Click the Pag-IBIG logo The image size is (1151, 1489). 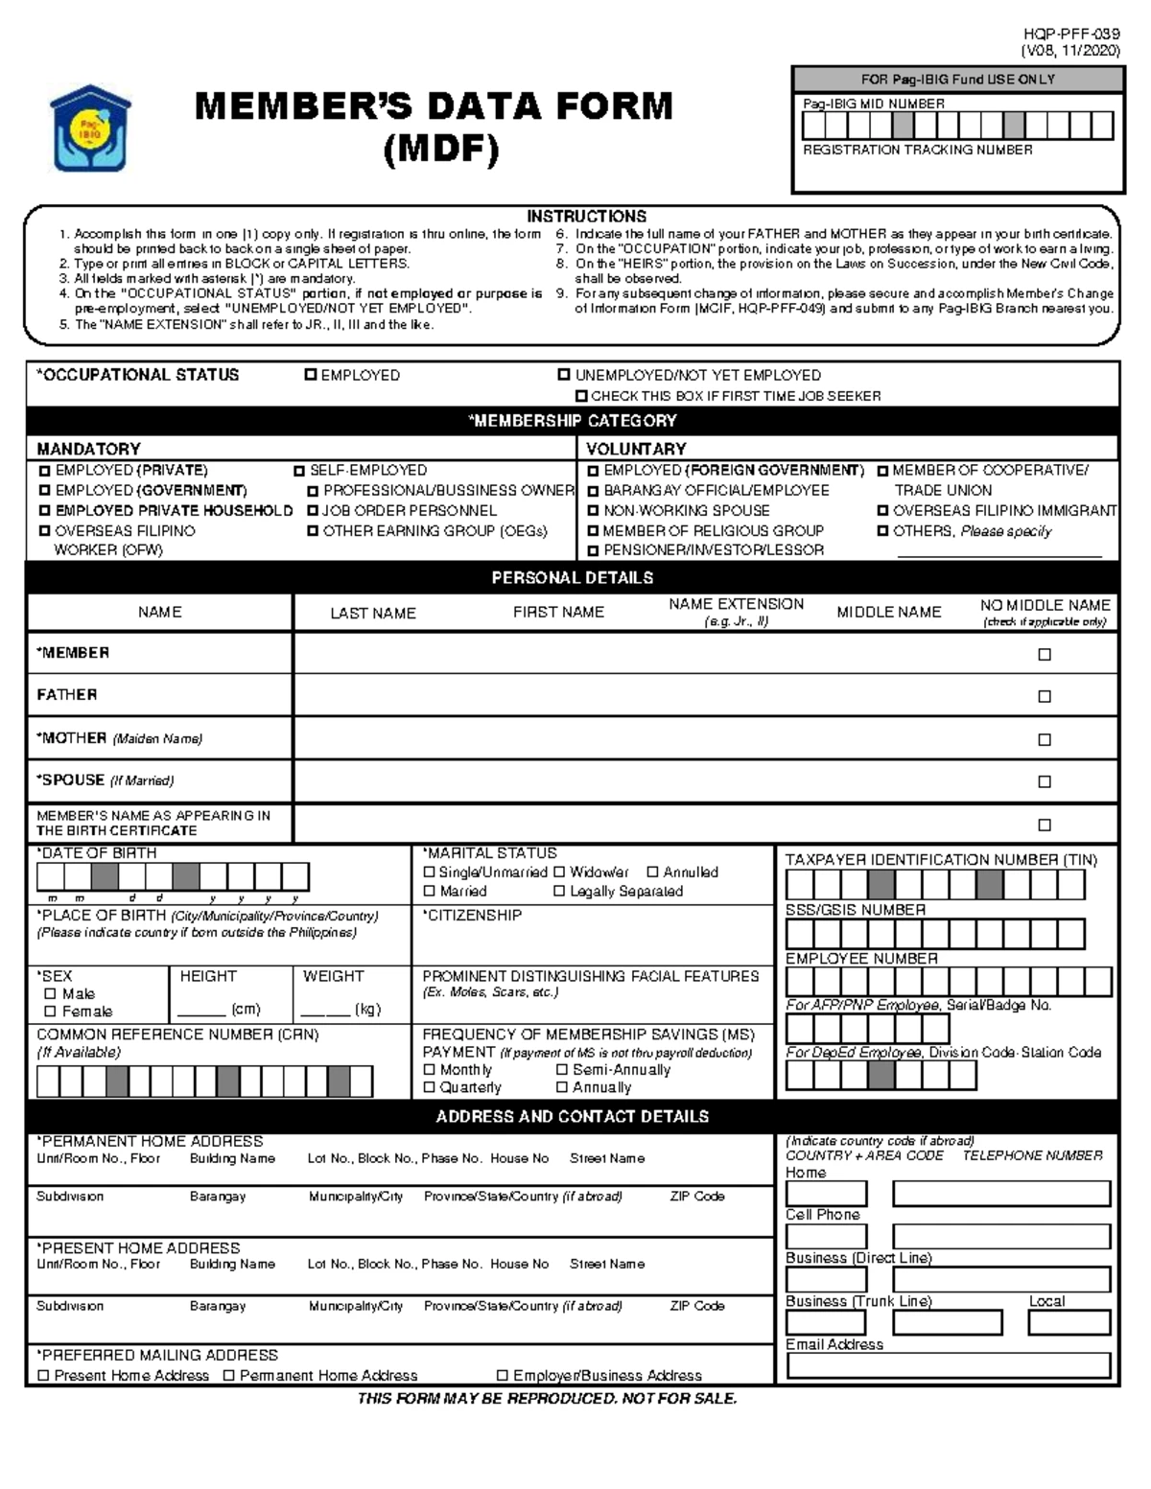(x=90, y=128)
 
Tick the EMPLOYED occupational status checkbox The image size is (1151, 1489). (x=311, y=375)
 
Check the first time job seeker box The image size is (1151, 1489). (x=581, y=396)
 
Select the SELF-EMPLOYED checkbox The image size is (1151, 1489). (x=300, y=471)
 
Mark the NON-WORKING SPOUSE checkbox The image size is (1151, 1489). (x=594, y=511)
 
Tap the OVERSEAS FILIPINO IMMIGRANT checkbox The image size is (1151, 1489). (x=883, y=511)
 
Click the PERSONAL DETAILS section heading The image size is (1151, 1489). (x=573, y=577)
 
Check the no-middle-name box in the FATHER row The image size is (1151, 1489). (x=1045, y=696)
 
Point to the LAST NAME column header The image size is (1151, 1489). (x=373, y=613)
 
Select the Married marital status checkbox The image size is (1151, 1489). (x=430, y=892)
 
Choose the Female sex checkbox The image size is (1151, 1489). (x=50, y=1012)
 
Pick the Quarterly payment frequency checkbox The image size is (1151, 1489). (x=430, y=1087)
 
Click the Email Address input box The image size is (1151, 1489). (x=948, y=1365)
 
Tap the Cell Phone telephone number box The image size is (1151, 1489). (x=1000, y=1236)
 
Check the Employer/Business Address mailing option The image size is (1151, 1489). (x=502, y=1376)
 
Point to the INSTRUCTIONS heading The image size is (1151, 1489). (x=586, y=217)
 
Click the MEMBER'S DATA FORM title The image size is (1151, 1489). (x=434, y=105)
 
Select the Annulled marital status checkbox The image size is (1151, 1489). (x=652, y=872)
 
